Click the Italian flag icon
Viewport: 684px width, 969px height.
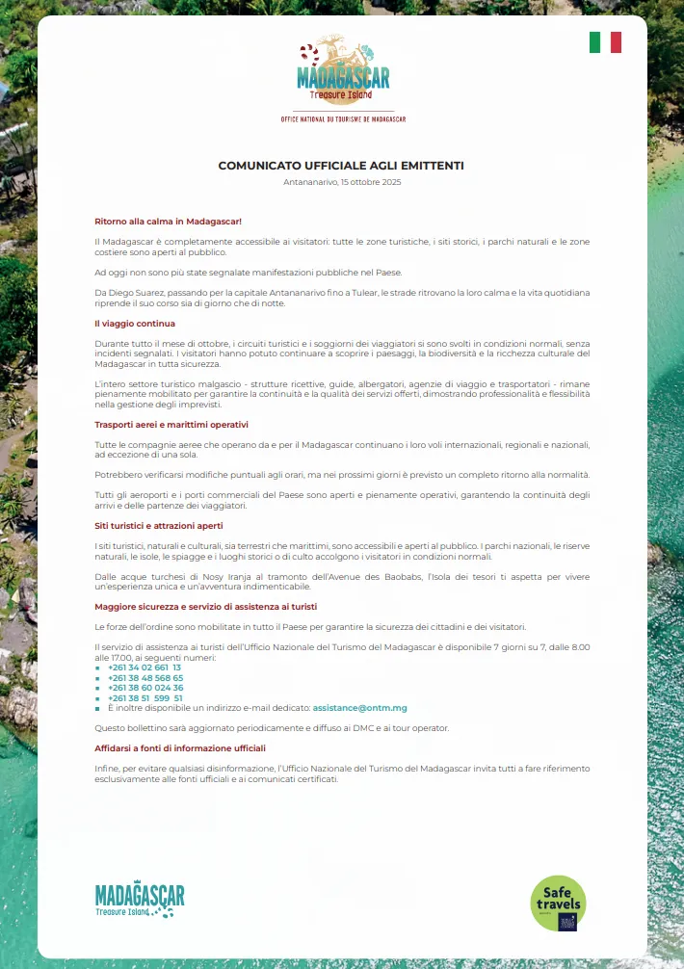605,42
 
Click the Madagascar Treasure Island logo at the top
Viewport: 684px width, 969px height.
343,71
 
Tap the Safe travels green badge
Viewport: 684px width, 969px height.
558,903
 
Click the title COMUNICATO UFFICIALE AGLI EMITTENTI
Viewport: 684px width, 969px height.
341,166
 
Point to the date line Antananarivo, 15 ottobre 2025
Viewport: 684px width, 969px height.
342,182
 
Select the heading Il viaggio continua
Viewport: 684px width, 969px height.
135,324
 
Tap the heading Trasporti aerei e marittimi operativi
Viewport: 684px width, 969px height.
171,425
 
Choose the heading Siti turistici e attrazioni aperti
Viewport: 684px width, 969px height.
159,526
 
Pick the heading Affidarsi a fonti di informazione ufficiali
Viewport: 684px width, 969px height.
180,747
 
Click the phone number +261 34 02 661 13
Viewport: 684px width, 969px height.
145,668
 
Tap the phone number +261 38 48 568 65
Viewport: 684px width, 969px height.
145,677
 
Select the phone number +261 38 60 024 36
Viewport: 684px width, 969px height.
145,688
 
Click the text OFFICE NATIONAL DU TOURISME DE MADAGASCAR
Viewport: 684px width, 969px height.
343,119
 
